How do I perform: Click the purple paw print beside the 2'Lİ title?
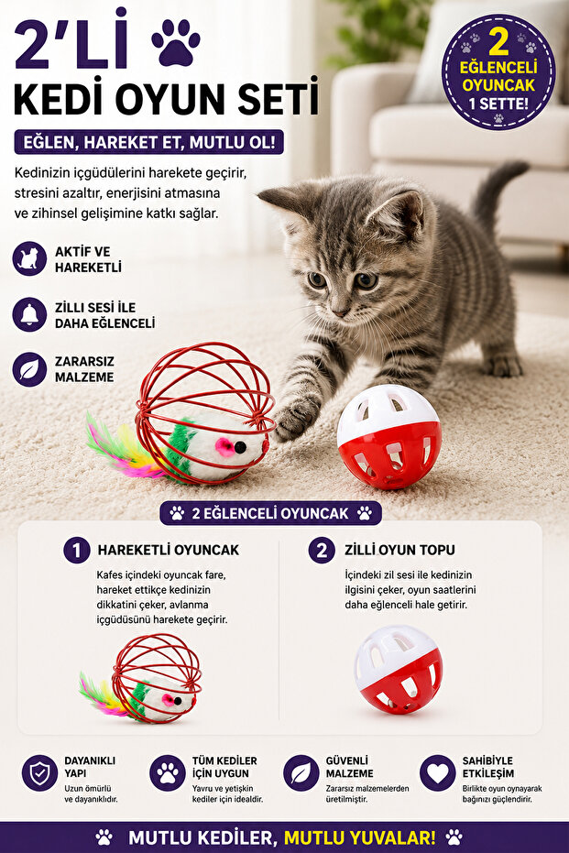tap(176, 42)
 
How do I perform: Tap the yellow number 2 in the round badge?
tap(498, 42)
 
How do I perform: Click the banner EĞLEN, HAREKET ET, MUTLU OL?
tap(149, 143)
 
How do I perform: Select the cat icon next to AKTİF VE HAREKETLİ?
tap(29, 259)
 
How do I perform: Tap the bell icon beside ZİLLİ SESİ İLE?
tap(29, 314)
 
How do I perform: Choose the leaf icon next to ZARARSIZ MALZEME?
tap(29, 369)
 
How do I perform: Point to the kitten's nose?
tap(339, 312)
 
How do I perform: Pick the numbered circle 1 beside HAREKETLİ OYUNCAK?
tap(77, 550)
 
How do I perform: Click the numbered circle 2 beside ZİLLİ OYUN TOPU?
tap(322, 550)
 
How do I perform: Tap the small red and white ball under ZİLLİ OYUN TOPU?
tap(399, 669)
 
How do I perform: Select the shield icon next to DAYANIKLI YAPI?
tap(39, 772)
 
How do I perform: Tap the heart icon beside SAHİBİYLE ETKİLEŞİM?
tap(437, 772)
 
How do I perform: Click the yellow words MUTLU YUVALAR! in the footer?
tap(359, 837)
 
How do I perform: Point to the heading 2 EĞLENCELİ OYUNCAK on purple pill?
tap(270, 513)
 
